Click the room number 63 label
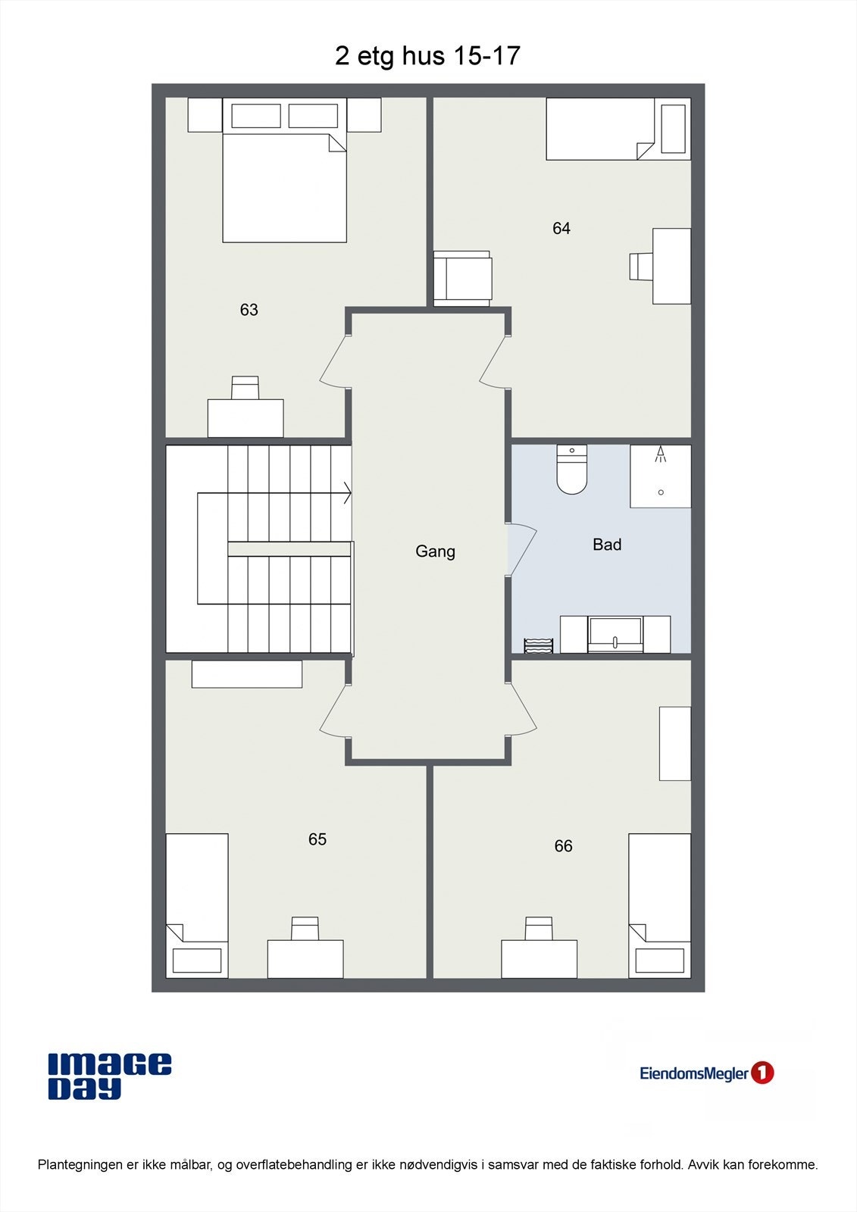point(249,310)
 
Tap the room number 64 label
point(561,229)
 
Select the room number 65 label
point(317,839)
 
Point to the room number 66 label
point(563,846)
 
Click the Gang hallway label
point(435,551)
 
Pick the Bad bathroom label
point(607,545)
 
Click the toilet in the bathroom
point(572,471)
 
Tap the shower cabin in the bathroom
point(661,476)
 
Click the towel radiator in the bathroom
point(539,645)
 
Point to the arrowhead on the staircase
point(348,493)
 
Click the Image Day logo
point(110,1076)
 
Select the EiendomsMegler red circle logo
point(762,1073)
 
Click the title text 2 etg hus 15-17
point(427,56)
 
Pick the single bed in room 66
point(659,905)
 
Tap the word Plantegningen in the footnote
point(80,1165)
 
